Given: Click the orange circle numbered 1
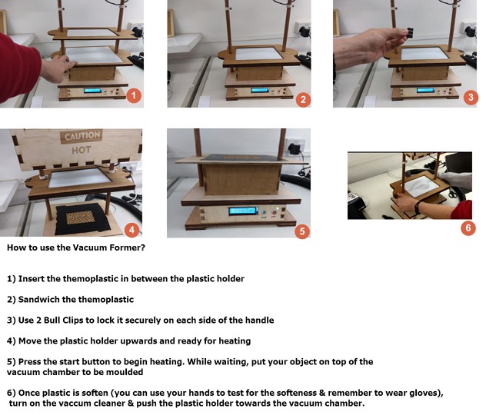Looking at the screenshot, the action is click(134, 95).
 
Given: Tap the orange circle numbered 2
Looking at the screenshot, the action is click(303, 99).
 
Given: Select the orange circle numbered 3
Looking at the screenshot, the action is click(471, 98).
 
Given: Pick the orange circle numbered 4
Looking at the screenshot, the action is click(132, 230).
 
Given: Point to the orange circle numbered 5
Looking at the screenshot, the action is click(302, 231).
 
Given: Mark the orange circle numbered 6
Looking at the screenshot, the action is click(468, 228).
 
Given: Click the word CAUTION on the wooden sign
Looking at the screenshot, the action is click(82, 136).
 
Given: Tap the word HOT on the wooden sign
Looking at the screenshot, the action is click(82, 151).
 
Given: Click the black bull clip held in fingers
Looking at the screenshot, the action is click(410, 33).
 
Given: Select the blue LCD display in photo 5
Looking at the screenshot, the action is click(243, 211).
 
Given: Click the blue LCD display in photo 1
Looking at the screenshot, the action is click(92, 91).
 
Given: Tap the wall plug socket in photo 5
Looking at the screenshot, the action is click(295, 148).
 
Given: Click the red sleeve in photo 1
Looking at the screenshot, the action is click(18, 67).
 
